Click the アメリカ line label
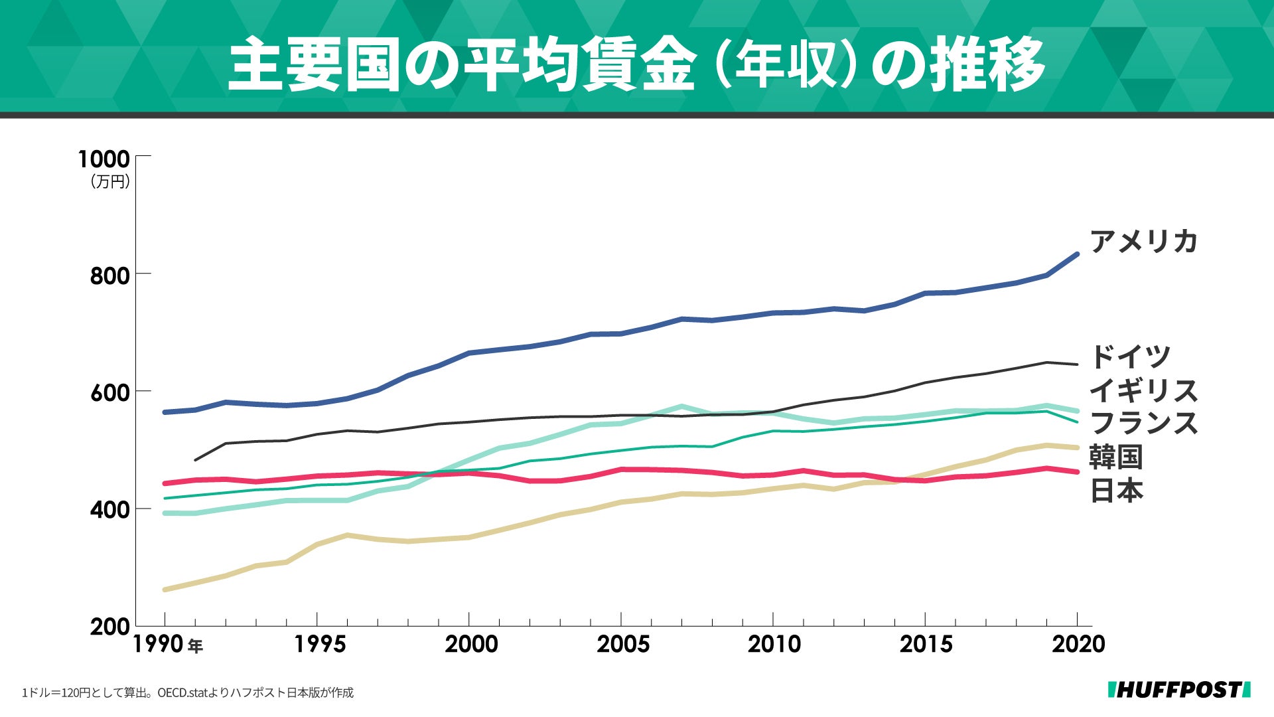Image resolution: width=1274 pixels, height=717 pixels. (1143, 241)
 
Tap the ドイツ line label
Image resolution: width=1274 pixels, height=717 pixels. (1130, 357)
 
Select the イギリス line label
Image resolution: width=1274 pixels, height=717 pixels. (1143, 390)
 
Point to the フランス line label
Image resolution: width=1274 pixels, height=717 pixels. (1143, 424)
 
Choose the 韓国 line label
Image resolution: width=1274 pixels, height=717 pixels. (1117, 457)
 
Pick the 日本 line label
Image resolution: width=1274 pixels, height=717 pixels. (1117, 491)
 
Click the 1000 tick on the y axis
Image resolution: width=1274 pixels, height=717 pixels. (104, 159)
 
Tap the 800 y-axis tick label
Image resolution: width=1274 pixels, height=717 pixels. (109, 276)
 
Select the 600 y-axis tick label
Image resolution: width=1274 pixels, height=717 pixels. (109, 392)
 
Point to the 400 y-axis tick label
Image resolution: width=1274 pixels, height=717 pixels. (109, 510)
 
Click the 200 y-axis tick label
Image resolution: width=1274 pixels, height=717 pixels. (109, 627)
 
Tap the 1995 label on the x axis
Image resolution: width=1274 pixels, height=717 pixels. (320, 644)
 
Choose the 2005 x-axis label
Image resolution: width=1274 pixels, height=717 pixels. (623, 644)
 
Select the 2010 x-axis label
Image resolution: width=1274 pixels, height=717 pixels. (774, 644)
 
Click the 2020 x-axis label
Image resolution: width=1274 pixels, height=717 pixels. (1078, 644)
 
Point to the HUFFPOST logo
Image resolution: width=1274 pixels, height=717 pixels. (1179, 690)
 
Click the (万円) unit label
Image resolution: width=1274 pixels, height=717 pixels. (110, 182)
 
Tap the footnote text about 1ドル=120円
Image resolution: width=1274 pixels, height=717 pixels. (188, 692)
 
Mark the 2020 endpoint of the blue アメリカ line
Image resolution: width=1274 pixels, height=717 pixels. (1076, 254)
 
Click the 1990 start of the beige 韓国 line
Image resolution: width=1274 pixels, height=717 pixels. (165, 590)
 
